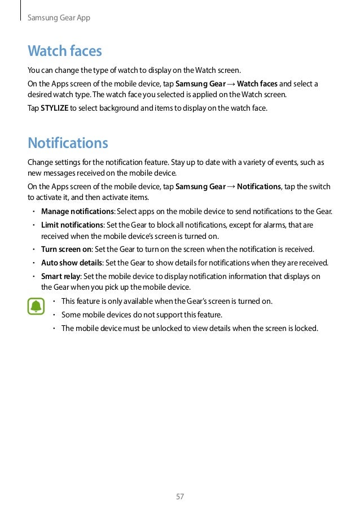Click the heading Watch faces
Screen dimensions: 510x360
coord(65,51)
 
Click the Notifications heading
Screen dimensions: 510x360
coord(68,142)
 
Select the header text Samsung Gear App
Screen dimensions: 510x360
coord(59,18)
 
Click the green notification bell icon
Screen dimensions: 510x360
coord(36,307)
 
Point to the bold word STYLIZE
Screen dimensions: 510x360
coord(54,107)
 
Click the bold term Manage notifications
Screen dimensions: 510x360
coord(77,212)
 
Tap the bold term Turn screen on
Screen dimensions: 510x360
coord(66,249)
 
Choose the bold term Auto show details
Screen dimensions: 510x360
coord(72,263)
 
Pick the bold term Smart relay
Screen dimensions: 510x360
coord(60,276)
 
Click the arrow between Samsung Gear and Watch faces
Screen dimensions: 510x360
coord(231,84)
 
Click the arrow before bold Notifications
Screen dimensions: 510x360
coord(231,187)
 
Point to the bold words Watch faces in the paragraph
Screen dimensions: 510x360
coord(257,84)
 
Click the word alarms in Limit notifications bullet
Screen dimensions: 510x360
coord(271,225)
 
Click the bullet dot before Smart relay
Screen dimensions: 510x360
coord(34,276)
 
